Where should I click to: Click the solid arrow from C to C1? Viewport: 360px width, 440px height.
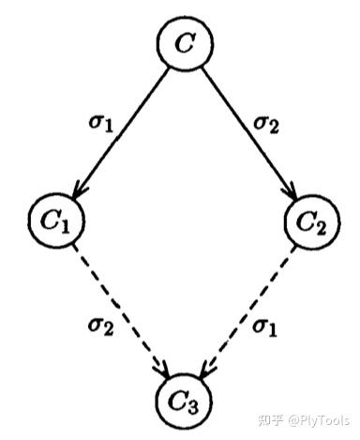pyautogui.click(x=121, y=133)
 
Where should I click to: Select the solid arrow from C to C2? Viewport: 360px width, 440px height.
pyautogui.click(x=249, y=133)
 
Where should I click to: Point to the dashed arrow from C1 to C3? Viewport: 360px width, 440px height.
pyautogui.click(x=121, y=311)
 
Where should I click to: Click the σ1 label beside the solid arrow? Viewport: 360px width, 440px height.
pyautogui.click(x=100, y=124)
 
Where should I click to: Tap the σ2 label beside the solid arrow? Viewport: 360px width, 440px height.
pyautogui.click(x=265, y=125)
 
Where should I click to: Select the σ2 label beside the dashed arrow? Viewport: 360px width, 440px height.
pyautogui.click(x=100, y=327)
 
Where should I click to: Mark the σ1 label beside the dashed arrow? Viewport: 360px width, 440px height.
pyautogui.click(x=264, y=328)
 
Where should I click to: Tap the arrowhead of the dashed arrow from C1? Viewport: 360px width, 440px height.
pyautogui.click(x=163, y=371)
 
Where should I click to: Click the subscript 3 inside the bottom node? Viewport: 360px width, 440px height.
pyautogui.click(x=193, y=407)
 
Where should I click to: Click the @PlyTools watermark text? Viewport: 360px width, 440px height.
pyautogui.click(x=319, y=420)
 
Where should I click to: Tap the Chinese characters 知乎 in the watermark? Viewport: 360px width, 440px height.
pyautogui.click(x=271, y=420)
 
